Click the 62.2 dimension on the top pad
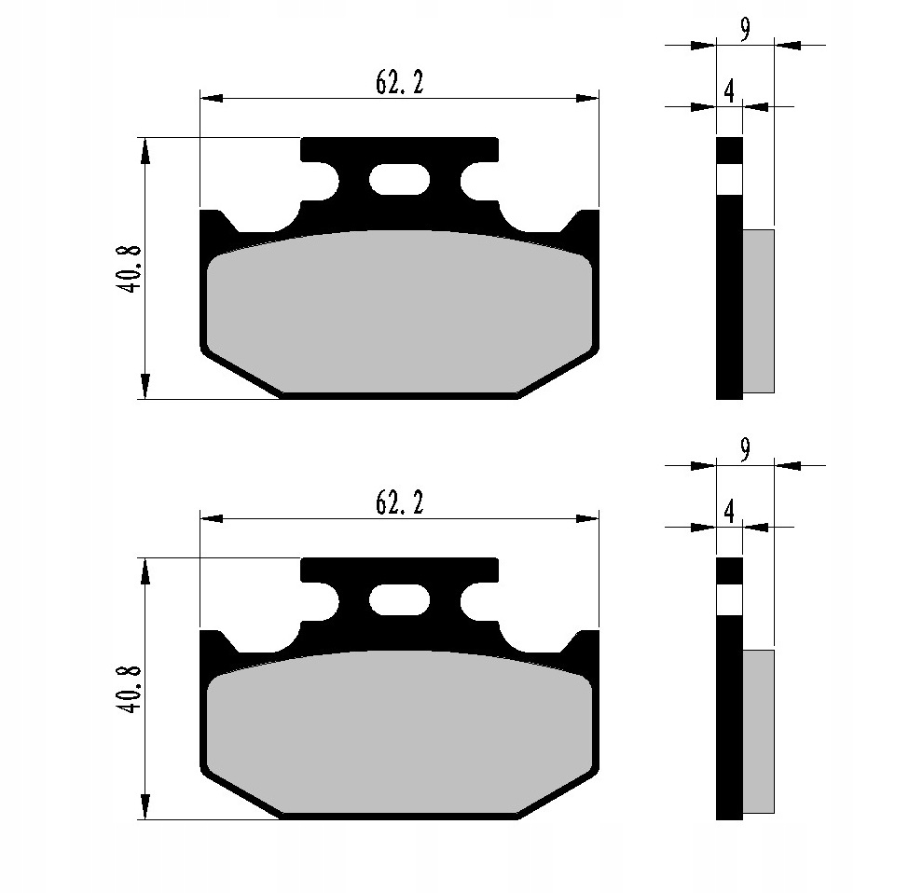(x=399, y=84)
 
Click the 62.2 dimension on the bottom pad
(x=399, y=503)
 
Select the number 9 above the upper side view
(x=745, y=30)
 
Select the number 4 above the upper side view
(x=729, y=91)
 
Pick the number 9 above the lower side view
(x=745, y=451)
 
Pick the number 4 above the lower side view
(x=729, y=512)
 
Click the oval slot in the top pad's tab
(x=399, y=179)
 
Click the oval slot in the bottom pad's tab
(x=399, y=599)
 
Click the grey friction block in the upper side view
(x=758, y=310)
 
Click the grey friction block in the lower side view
(x=758, y=731)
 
